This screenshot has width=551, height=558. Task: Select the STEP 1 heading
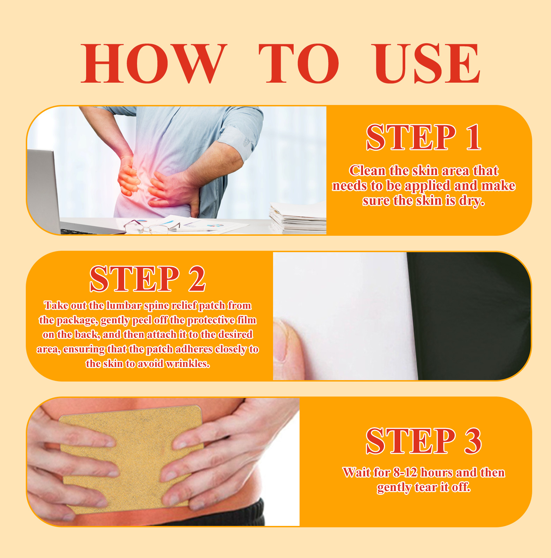click(x=424, y=137)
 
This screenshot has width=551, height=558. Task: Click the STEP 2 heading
click(x=148, y=278)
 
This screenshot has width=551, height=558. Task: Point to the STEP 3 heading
click(x=424, y=441)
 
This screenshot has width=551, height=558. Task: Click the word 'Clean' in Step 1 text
click(x=367, y=171)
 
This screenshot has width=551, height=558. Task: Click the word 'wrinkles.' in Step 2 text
click(x=188, y=364)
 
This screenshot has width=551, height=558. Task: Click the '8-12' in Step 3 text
click(x=405, y=473)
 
